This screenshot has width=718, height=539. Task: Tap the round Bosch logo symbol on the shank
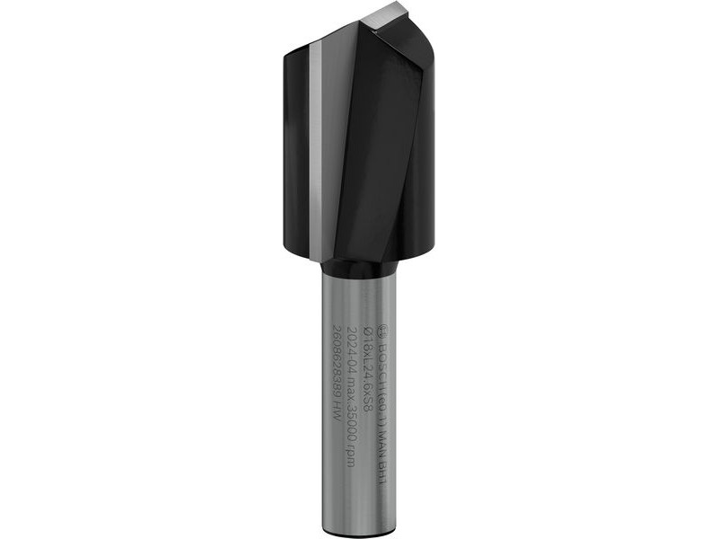pos(383,330)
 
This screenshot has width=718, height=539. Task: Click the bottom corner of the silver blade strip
pos(315,256)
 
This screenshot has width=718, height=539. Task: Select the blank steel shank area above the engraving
pos(359,301)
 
